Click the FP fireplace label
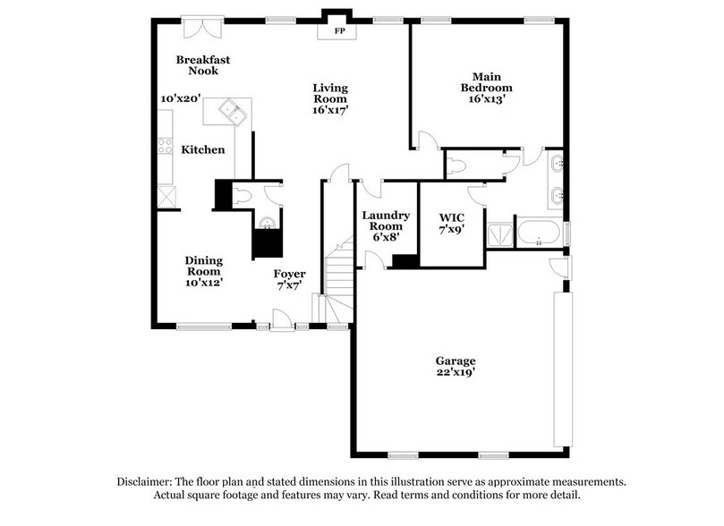pyautogui.click(x=340, y=30)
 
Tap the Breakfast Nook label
pyautogui.click(x=202, y=64)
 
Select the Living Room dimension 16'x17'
pyautogui.click(x=329, y=110)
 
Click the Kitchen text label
pyautogui.click(x=203, y=149)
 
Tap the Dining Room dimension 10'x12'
pyautogui.click(x=203, y=282)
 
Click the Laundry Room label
pyautogui.click(x=386, y=221)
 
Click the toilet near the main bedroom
pyautogui.click(x=458, y=163)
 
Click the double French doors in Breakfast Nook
pyautogui.click(x=198, y=27)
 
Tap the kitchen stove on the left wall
pyautogui.click(x=166, y=145)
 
